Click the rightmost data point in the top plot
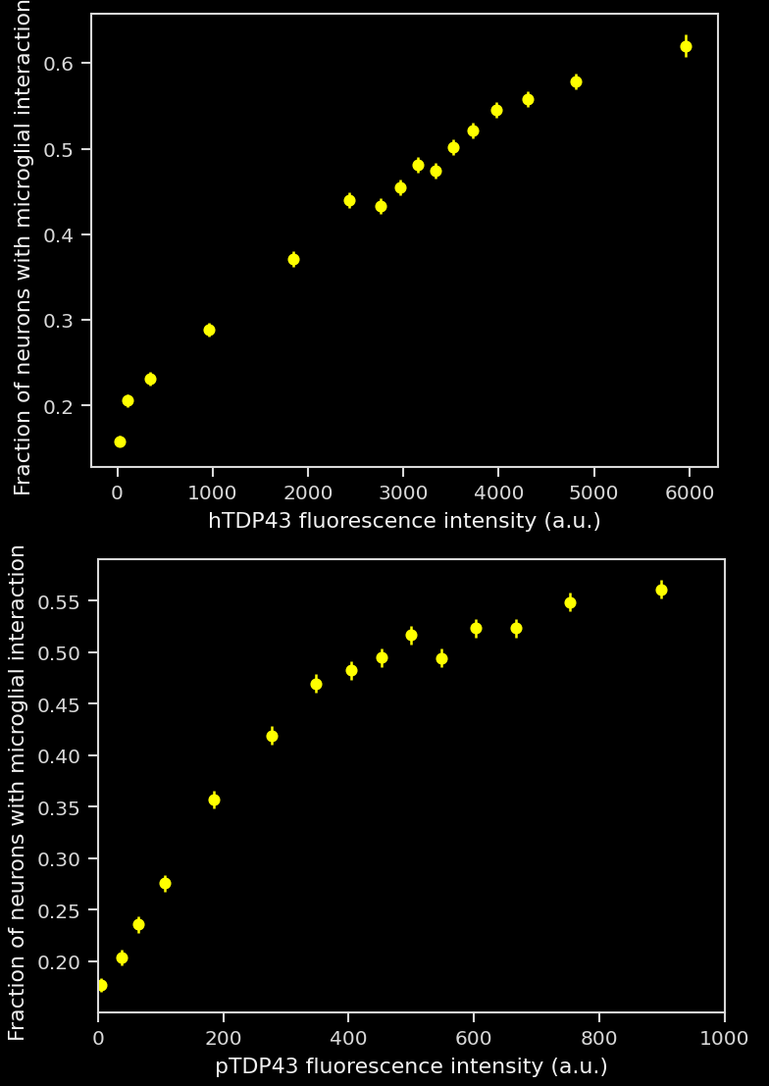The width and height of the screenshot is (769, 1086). coord(686,46)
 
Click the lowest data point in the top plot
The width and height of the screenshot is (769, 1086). coord(120,441)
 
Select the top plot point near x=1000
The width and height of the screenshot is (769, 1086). coord(209,330)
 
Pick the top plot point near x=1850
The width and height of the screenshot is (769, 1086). coord(293,259)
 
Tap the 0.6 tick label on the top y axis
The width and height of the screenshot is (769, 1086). coord(65,64)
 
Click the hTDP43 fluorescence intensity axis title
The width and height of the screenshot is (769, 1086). coord(404,521)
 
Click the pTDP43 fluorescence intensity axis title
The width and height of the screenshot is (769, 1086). coord(411,1066)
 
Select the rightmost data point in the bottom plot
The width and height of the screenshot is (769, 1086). coord(661,590)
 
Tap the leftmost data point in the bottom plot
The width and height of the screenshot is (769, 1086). coord(101,985)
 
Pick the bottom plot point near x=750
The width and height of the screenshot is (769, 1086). coord(570,602)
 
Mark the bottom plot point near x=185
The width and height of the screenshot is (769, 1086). coord(214,800)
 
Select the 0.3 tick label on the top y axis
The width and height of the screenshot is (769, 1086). coord(65,321)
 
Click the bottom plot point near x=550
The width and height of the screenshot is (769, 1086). coord(441,658)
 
